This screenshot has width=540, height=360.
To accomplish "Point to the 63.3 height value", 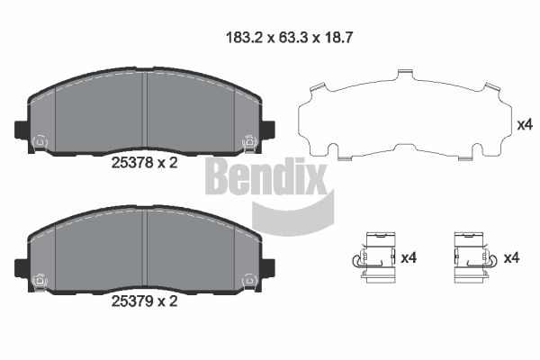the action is click(x=293, y=38).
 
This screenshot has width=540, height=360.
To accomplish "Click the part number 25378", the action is click(x=132, y=163).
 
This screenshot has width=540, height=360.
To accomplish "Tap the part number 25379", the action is click(x=132, y=301).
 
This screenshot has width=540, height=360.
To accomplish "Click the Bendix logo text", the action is click(x=265, y=176).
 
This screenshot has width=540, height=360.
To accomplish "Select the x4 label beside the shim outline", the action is click(x=525, y=125).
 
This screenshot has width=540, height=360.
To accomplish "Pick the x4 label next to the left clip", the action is click(x=409, y=257).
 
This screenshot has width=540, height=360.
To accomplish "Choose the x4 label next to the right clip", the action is click(x=512, y=257).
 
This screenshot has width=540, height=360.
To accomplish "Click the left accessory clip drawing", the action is click(x=375, y=257).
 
